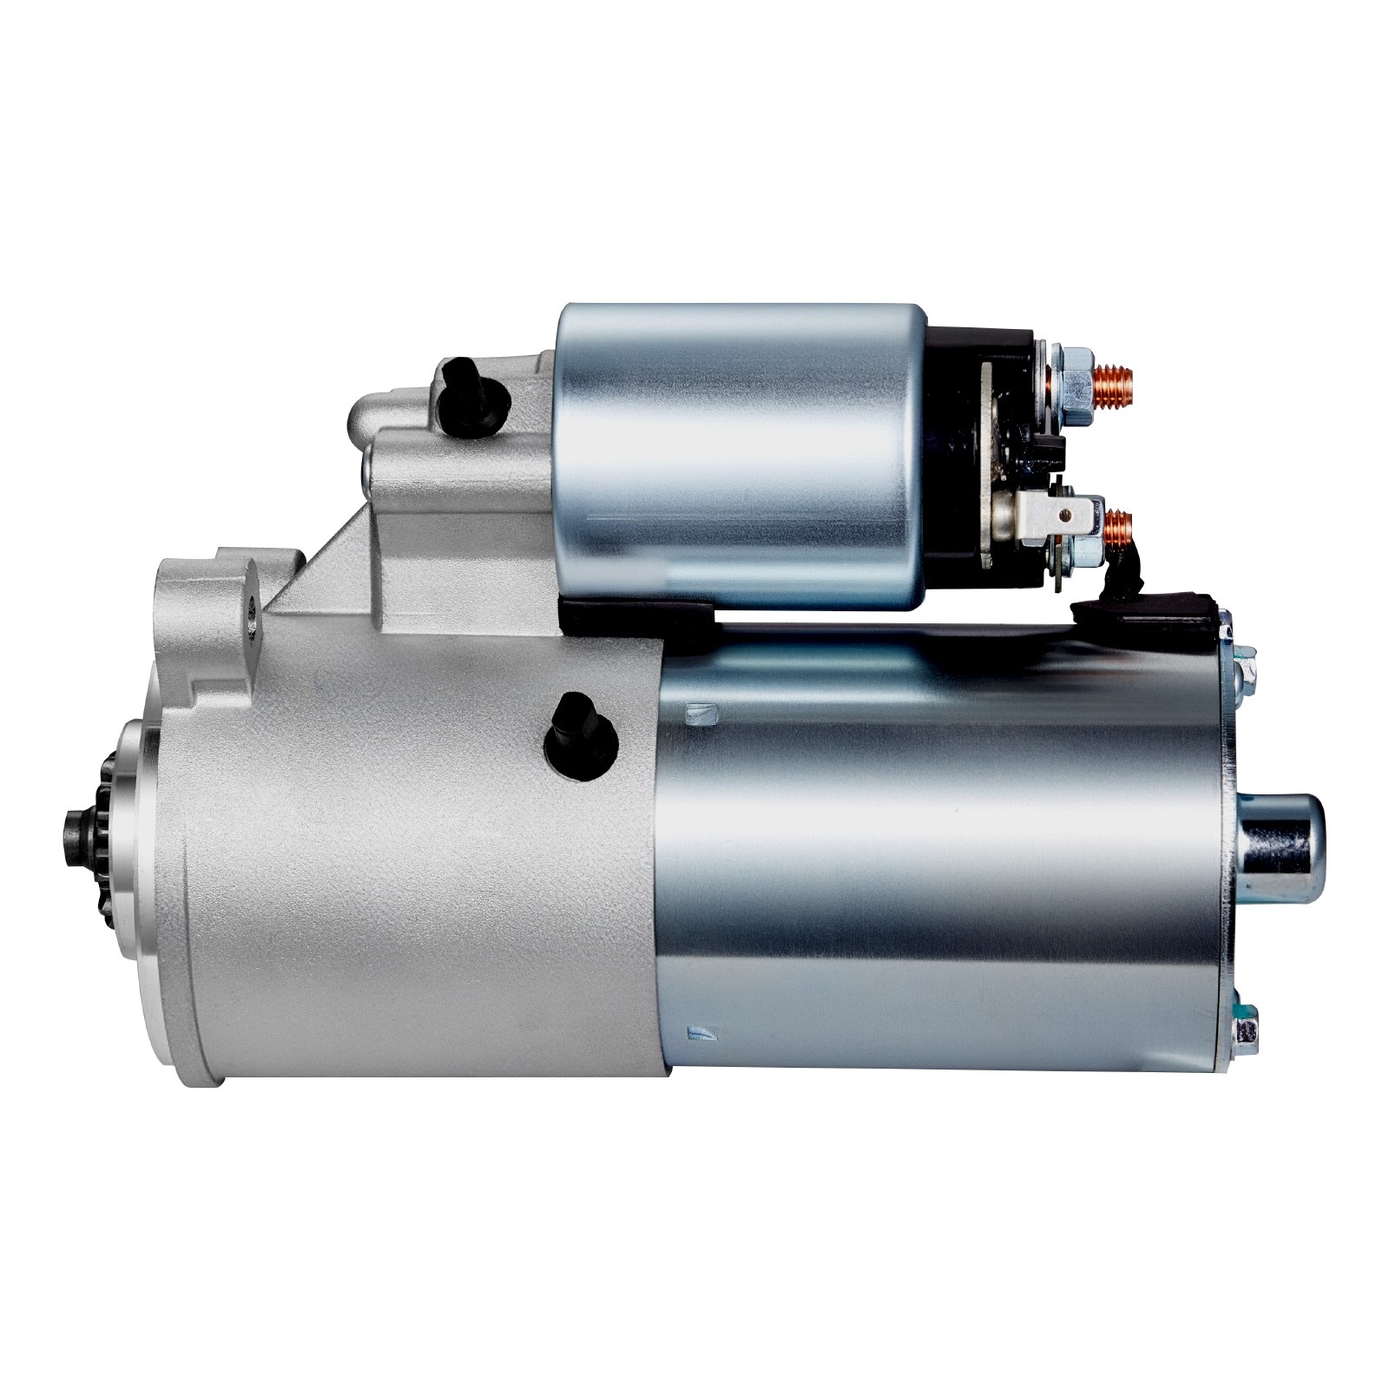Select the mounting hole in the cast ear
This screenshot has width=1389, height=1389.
253,613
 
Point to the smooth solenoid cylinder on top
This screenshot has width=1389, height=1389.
738,451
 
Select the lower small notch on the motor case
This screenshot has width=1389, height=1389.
700,1031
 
